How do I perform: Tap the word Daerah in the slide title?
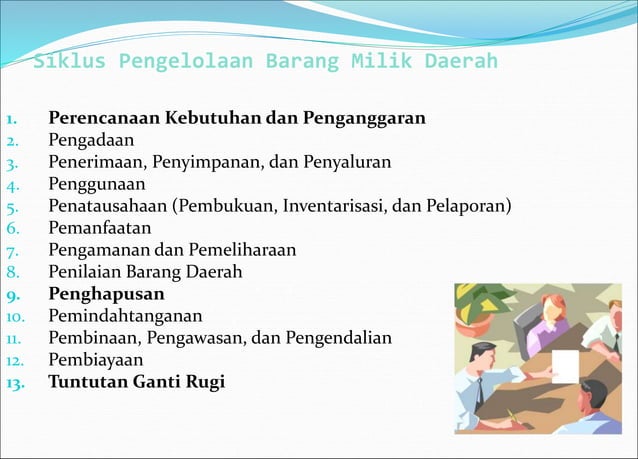coord(457,63)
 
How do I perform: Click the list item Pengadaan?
coord(91,140)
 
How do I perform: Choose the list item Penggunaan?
coord(97,184)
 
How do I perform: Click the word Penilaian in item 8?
coord(84,271)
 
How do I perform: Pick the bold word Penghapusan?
coord(107,294)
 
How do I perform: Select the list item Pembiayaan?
coord(96,360)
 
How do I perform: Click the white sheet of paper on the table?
coord(565,365)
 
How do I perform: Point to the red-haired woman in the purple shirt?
coord(548,320)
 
